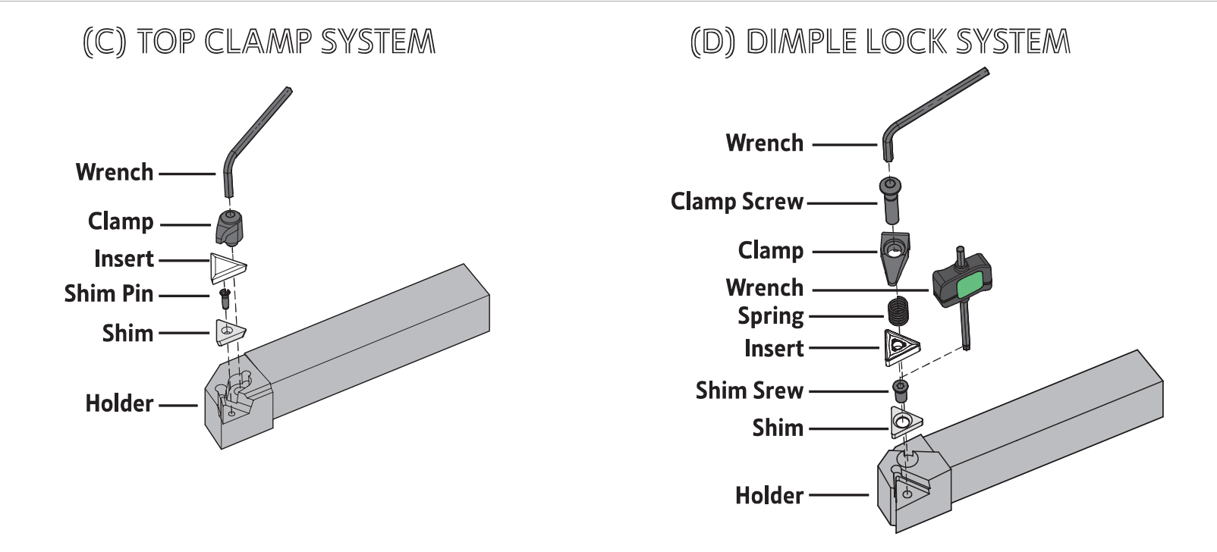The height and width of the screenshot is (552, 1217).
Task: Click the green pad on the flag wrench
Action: point(970,286)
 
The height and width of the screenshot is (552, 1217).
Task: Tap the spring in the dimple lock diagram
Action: point(898,311)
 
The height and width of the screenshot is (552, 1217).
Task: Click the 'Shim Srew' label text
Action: point(749,390)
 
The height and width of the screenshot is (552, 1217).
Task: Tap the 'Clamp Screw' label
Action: point(737,202)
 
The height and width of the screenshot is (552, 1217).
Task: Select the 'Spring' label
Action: point(770,316)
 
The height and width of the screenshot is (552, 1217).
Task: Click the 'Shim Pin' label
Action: point(108,293)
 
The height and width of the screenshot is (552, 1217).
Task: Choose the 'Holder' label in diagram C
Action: point(119,403)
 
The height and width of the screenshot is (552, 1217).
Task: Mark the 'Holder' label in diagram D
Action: point(769,496)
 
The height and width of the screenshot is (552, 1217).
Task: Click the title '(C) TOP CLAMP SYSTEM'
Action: point(259,42)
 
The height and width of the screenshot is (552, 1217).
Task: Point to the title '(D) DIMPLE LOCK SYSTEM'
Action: point(880,42)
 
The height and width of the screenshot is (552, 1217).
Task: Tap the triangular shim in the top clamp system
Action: point(229,332)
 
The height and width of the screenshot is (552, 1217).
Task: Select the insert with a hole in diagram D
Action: point(901,347)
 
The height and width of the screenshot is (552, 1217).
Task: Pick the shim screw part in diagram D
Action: point(901,390)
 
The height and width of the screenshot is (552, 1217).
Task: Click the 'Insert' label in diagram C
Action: point(124,259)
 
